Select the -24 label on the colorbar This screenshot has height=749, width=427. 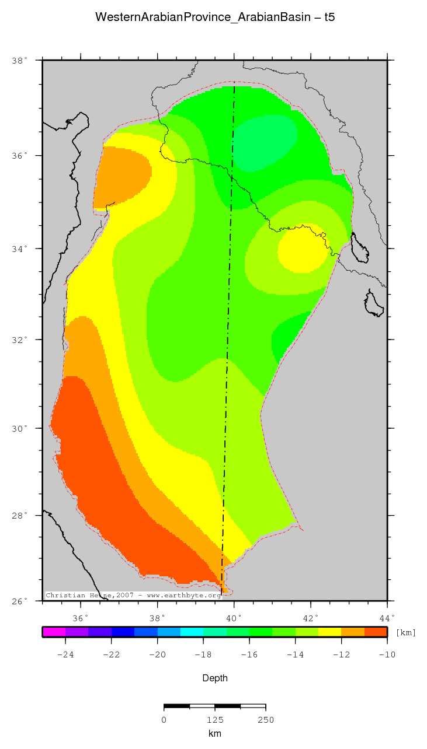[65, 654]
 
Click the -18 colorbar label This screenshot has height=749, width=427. [203, 654]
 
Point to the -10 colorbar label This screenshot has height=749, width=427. [387, 654]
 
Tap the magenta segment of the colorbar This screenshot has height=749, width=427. [54, 631]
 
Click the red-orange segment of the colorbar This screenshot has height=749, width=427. [376, 631]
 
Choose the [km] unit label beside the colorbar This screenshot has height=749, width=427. [406, 632]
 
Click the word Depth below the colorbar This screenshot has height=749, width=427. [214, 678]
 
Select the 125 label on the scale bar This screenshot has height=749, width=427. [215, 720]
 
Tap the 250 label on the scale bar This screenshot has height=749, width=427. [266, 720]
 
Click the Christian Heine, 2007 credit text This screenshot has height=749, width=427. [133, 596]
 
